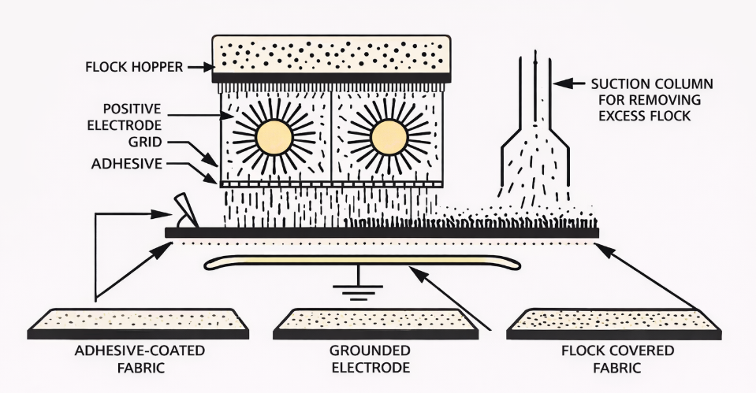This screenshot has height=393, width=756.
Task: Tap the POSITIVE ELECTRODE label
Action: point(133,116)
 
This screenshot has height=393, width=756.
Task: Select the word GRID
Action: point(146,143)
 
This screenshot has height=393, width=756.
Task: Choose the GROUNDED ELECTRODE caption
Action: point(378,358)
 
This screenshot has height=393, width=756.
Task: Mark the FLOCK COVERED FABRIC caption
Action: point(617,358)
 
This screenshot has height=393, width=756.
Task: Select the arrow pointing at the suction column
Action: point(566,82)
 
